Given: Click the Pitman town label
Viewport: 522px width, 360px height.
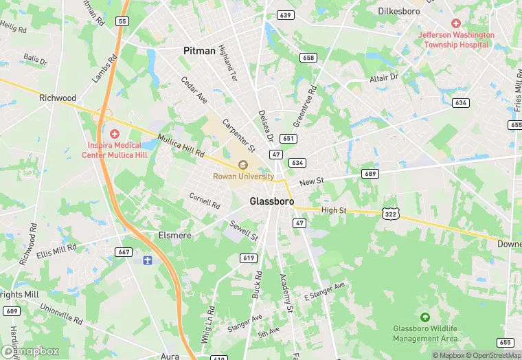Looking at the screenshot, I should click(200, 51).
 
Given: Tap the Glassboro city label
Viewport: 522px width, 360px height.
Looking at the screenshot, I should click(271, 202).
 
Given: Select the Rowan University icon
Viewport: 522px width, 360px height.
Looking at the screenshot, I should click(242, 165).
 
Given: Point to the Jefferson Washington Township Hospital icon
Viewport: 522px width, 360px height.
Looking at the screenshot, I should click(456, 23).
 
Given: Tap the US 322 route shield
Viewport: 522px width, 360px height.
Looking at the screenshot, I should click(391, 214).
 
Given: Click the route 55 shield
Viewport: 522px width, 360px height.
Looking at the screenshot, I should click(122, 21).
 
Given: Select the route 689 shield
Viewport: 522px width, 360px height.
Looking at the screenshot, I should click(371, 174).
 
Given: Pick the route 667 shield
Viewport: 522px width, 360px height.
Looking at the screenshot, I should click(124, 252).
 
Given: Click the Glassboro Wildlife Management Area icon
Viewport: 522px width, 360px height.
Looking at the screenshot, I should click(424, 317).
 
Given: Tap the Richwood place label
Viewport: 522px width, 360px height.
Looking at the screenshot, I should click(58, 98).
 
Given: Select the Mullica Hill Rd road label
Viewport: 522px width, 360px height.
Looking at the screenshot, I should click(181, 145).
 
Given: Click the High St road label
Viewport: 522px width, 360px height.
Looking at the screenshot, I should click(333, 210).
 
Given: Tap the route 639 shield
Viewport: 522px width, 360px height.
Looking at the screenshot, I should click(286, 14).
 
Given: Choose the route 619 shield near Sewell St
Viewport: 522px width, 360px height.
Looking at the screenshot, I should click(249, 258).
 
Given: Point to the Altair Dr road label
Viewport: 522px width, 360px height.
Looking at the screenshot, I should click(383, 78).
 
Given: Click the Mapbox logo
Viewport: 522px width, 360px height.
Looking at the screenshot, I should click(30, 351).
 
